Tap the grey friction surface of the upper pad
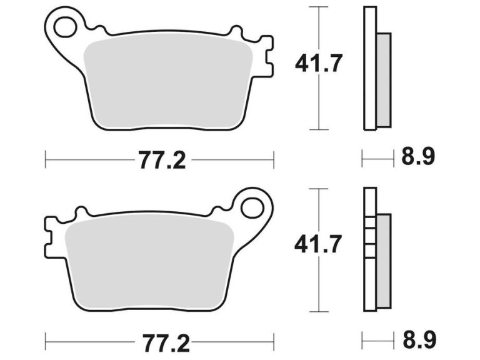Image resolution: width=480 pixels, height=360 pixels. pos(169,81)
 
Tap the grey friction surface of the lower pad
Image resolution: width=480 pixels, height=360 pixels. pos(150,262)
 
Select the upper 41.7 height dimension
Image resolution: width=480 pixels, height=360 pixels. pos(319,63)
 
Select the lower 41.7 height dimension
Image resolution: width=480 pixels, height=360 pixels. pos(319,244)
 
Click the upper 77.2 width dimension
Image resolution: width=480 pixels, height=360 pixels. pos(162,161)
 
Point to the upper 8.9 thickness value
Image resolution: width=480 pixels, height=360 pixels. pos(418,156)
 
